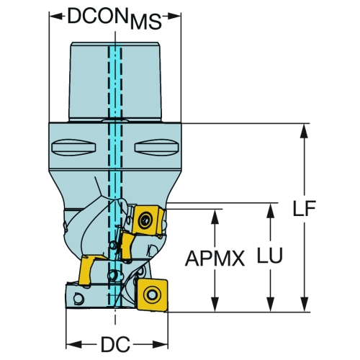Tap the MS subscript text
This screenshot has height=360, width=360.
coord(146,22)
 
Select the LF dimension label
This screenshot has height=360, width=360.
coord(305,208)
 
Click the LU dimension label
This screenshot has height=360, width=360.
coord(270,255)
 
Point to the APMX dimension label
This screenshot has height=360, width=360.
coord(215,258)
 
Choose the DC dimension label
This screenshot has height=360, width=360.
coord(115,344)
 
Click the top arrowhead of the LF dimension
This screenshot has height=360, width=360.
coord(305,131)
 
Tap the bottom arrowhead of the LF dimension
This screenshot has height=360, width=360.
coord(305,305)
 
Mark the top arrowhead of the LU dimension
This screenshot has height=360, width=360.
coord(271,210)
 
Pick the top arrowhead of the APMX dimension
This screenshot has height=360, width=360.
coord(215,217)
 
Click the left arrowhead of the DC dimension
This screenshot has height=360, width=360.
coord(74,344)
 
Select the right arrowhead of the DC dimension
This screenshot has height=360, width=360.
coord(160,344)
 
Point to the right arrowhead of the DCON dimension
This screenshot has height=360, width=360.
coord(172,17)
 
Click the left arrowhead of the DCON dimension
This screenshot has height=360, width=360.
coord(57,17)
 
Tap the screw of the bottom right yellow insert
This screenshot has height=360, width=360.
coord(152,294)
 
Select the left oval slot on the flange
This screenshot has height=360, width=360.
coord(74,147)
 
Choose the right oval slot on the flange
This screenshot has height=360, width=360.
coord(157,147)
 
